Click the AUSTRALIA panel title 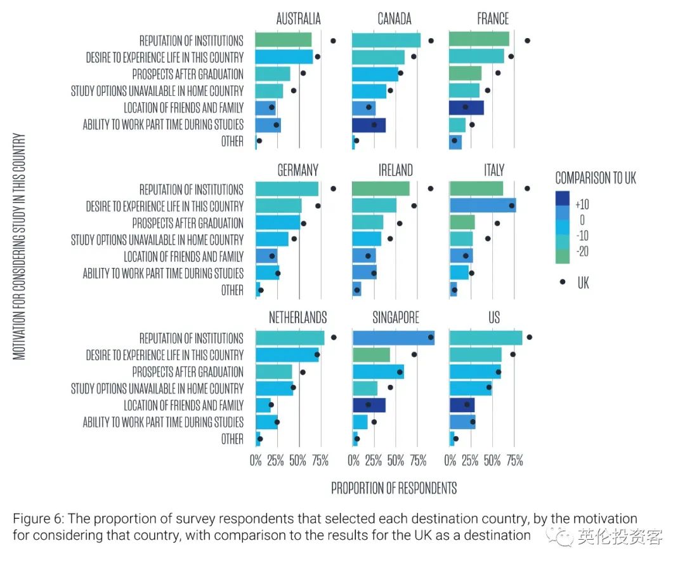click(x=298, y=19)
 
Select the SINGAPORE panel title click(x=395, y=317)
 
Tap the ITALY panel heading click(x=493, y=170)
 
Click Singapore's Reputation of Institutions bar click(x=393, y=338)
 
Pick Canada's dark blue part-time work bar click(x=369, y=124)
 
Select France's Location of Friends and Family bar click(x=466, y=107)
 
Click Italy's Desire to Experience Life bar click(x=482, y=206)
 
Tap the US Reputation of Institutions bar click(x=486, y=338)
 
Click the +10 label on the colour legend click(x=582, y=204)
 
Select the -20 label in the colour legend click(x=582, y=251)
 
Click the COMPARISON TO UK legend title click(x=596, y=178)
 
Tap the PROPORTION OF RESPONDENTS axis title click(x=394, y=488)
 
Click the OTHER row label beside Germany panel click(x=232, y=290)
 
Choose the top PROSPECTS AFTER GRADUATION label click(x=188, y=74)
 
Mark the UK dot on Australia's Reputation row click(x=333, y=41)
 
